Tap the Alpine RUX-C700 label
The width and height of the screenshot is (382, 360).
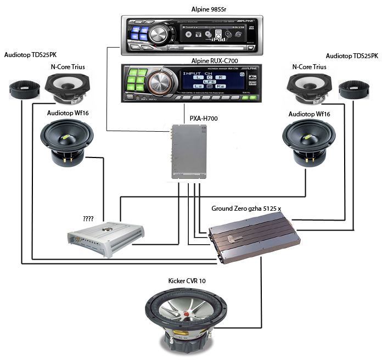pos(191,59)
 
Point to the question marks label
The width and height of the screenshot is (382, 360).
pos(88,218)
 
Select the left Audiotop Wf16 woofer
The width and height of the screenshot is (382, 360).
pos(68,141)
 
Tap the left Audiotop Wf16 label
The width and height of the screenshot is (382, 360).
pos(66,114)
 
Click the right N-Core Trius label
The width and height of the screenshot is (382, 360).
pos(310,67)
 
